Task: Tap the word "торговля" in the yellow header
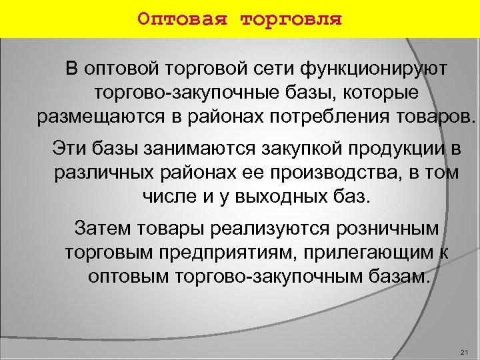pos(290,18)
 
